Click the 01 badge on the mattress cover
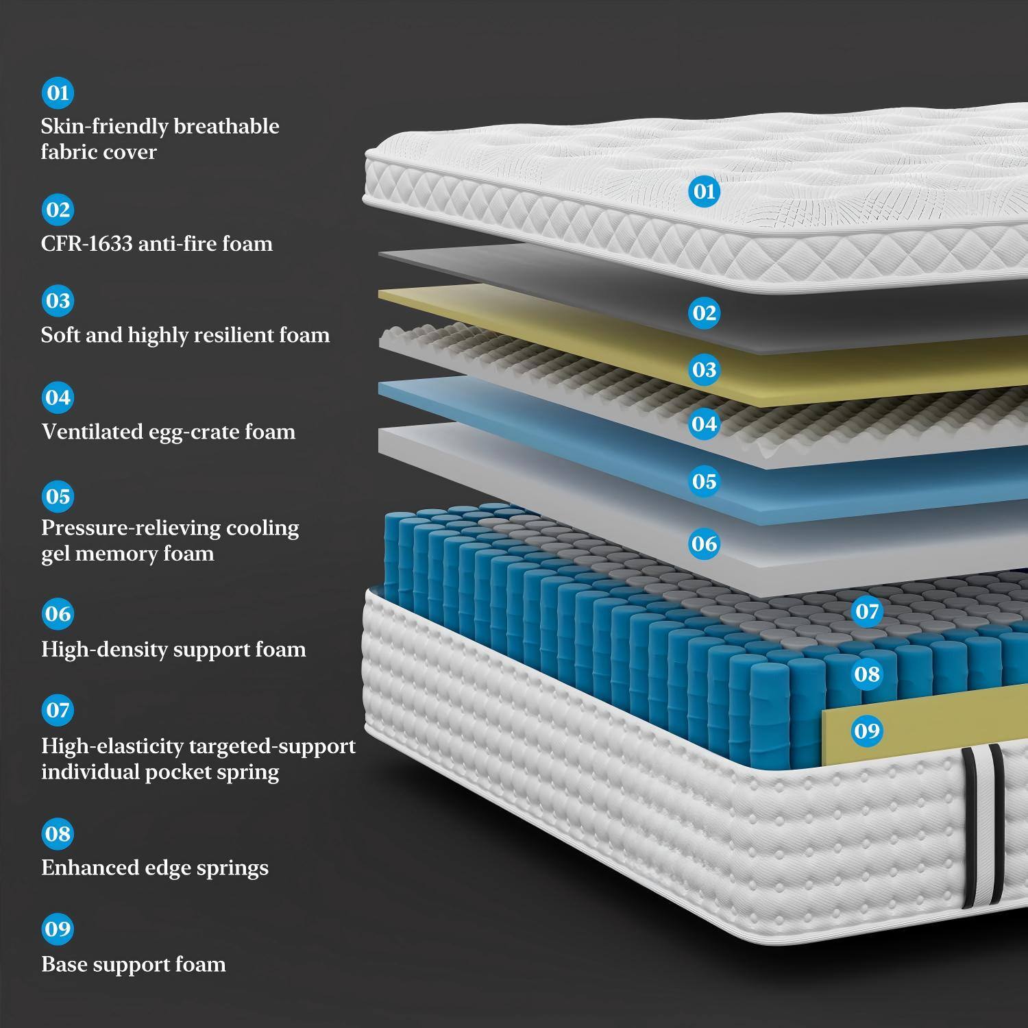click(704, 191)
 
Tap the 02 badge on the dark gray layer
click(704, 313)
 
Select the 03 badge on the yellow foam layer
click(704, 369)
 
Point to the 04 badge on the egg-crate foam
click(704, 424)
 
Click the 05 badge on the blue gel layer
click(704, 481)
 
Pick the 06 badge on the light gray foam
click(704, 543)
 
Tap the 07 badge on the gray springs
click(867, 611)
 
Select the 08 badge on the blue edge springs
click(867, 674)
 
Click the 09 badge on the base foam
click(867, 731)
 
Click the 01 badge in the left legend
click(58, 93)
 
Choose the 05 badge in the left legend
click(58, 495)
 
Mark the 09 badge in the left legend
click(58, 929)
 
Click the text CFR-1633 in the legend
click(86, 243)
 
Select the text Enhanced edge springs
click(155, 868)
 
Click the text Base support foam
click(134, 964)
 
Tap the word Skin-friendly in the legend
click(104, 126)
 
